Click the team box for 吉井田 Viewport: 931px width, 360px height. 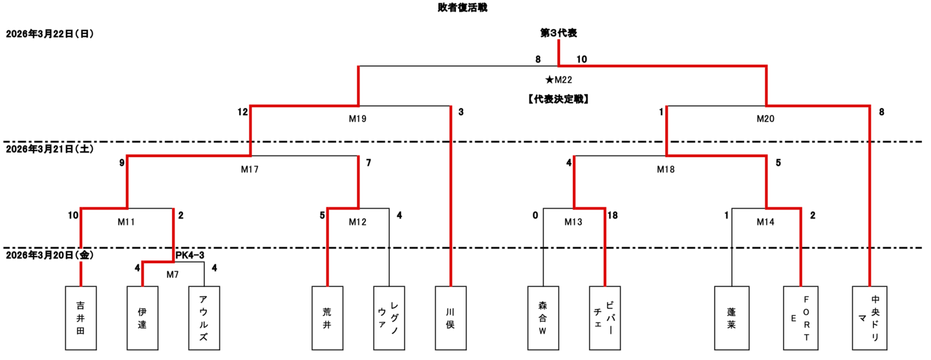[x=81, y=317]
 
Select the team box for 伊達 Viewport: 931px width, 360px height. [x=142, y=317]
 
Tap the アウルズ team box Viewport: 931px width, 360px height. [x=204, y=317]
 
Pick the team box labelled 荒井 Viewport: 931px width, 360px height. [x=327, y=317]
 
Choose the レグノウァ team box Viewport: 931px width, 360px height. [x=389, y=317]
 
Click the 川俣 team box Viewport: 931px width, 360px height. [x=451, y=317]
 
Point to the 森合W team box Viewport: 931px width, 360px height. [x=543, y=317]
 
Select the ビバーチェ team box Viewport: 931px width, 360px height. [x=605, y=317]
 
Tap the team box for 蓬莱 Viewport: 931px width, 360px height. [x=731, y=317]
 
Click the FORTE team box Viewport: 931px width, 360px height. [x=802, y=317]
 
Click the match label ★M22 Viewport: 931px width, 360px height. [x=559, y=80]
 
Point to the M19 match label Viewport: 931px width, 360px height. [x=358, y=118]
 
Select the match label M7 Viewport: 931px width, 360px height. [x=173, y=275]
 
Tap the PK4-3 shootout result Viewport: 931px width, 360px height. [x=190, y=256]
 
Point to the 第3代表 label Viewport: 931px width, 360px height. [x=559, y=32]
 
